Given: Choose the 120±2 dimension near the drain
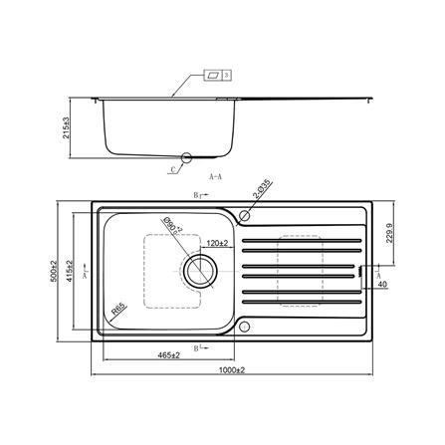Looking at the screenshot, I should coord(219,242).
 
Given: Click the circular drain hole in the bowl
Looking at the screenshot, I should coord(198,270).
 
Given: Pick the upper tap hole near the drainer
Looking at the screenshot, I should coord(245,214).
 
